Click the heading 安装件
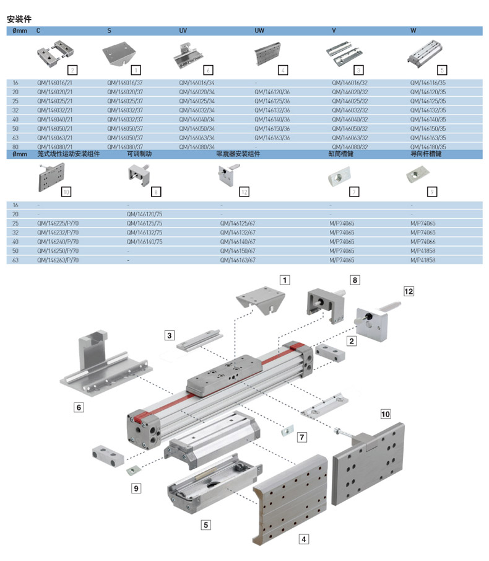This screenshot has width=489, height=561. click(20, 19)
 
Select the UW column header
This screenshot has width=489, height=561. click(259, 30)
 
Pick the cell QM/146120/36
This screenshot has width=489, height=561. click(272, 91)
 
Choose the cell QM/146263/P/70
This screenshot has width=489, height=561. click(58, 261)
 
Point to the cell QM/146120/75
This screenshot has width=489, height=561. click(144, 214)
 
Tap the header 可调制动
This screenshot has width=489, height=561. click(139, 154)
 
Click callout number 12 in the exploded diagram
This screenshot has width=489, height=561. click(409, 291)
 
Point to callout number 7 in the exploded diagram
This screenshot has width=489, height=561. click(302, 437)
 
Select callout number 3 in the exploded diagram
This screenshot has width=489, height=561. click(169, 335)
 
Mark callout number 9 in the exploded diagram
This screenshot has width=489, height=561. click(136, 488)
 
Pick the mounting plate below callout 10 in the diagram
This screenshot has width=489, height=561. click(369, 464)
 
